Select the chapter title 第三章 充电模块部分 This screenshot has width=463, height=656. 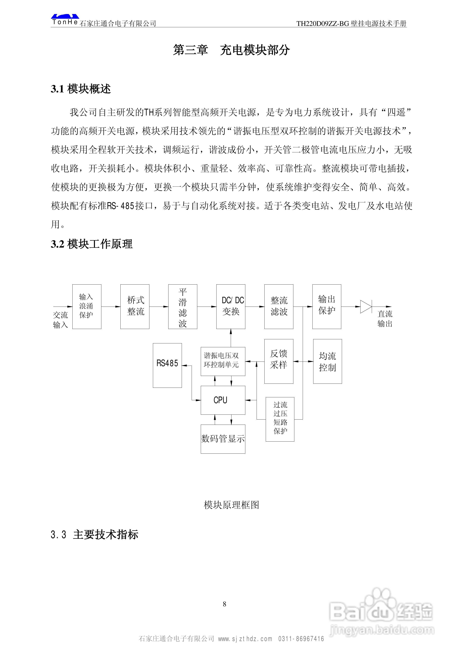[231, 50]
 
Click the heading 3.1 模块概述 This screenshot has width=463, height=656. [81, 89]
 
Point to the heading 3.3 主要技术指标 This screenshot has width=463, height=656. [95, 534]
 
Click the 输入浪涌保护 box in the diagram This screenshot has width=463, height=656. [87, 306]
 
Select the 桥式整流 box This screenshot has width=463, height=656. [135, 306]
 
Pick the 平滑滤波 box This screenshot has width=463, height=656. [183, 306]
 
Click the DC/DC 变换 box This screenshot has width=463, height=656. [231, 306]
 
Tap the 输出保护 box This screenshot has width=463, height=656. [327, 306]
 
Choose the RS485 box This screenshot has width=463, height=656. [167, 365]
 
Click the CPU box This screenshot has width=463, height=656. [223, 400]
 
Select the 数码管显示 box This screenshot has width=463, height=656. [223, 439]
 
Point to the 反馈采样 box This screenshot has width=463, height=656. [279, 361]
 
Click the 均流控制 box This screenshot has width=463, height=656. [327, 361]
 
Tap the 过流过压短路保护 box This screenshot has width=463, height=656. [280, 419]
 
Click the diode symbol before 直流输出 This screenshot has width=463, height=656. [366, 307]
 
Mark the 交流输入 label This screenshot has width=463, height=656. [61, 320]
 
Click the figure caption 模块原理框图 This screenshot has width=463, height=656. [231, 505]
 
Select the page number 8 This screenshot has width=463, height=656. [224, 604]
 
